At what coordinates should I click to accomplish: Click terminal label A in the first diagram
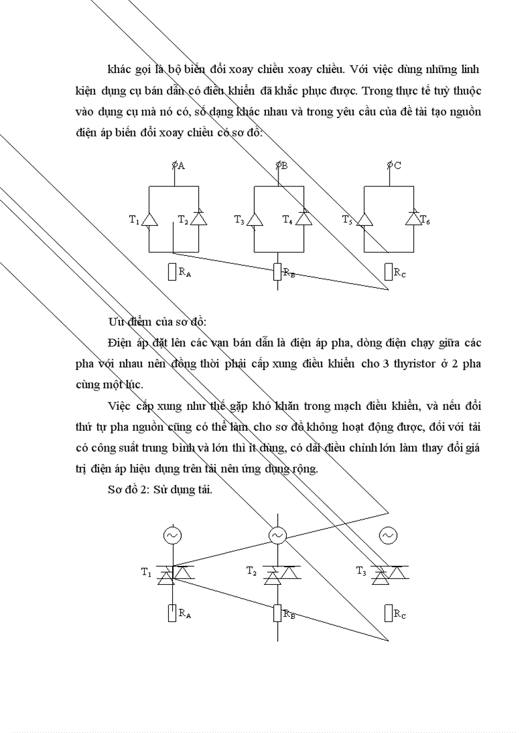point(181,166)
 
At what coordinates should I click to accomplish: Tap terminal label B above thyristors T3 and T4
point(284,166)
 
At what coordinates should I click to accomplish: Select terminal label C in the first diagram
point(397,166)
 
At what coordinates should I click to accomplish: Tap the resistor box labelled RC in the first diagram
point(389,271)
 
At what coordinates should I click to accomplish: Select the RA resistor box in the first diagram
point(172,271)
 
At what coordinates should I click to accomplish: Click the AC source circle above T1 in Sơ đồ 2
point(172,536)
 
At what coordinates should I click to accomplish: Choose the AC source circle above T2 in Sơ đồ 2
point(278,536)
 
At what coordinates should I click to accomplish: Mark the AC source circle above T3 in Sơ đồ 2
point(388,536)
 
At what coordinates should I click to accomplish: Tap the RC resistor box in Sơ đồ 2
point(389,614)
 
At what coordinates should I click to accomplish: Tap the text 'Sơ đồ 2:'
point(129,490)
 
